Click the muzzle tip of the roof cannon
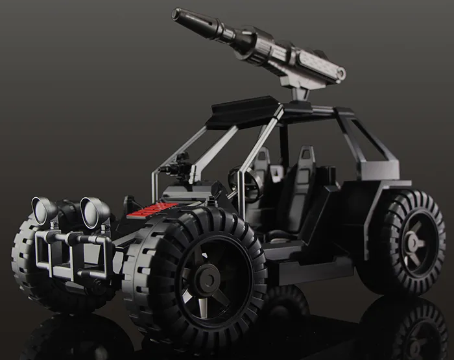(176, 14)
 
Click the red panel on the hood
(153, 210)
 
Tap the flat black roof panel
(243, 111)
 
